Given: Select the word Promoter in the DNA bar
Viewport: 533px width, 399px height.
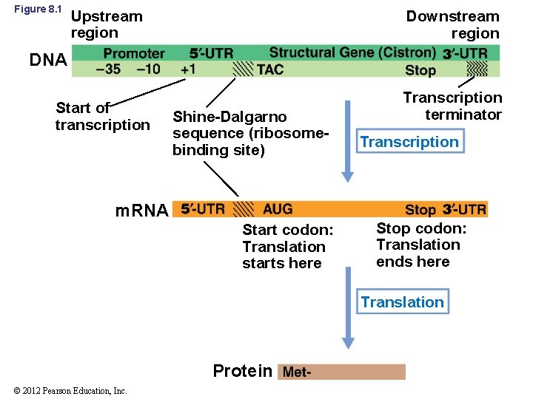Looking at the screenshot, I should pyautogui.click(x=134, y=53).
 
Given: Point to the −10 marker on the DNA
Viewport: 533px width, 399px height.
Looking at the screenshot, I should pyautogui.click(x=149, y=69).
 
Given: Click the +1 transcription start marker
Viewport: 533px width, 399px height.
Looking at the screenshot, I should pyautogui.click(x=188, y=69).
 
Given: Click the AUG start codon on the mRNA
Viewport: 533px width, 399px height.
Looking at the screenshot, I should pyautogui.click(x=278, y=209).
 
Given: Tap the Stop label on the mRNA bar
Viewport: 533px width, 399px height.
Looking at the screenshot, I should pyautogui.click(x=420, y=210).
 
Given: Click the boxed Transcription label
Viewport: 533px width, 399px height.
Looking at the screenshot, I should pyautogui.click(x=409, y=142).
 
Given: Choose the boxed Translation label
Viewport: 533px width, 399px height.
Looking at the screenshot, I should pyautogui.click(x=402, y=301).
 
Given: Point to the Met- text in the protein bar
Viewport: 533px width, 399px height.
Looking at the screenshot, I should pyautogui.click(x=297, y=372).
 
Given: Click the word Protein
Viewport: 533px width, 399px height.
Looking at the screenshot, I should pyautogui.click(x=242, y=371).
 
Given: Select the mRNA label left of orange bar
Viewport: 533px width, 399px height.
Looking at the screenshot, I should pyautogui.click(x=142, y=211).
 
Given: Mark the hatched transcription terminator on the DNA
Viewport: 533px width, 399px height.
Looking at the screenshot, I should pyautogui.click(x=477, y=69).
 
